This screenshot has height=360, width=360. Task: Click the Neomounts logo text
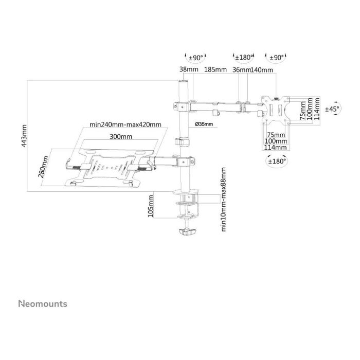tap(43, 304)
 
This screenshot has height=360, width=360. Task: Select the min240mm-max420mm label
tap(125, 124)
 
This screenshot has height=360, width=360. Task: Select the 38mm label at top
tap(186, 70)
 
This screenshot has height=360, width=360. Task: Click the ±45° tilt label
tap(332, 109)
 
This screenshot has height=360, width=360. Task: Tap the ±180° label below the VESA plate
tap(277, 161)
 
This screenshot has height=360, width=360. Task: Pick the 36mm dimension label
tap(242, 70)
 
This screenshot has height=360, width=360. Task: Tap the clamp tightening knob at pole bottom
tap(186, 233)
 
